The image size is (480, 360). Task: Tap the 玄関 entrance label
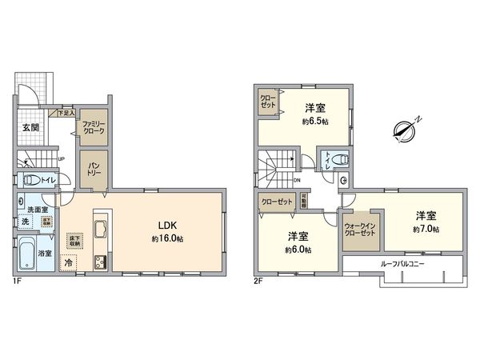coord(30,127)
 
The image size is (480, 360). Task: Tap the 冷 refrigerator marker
coord(69,262)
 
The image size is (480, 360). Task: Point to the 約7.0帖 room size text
coord(426,230)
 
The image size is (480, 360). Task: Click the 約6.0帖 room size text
coord(299,250)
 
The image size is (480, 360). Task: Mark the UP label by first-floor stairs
coord(60,158)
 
